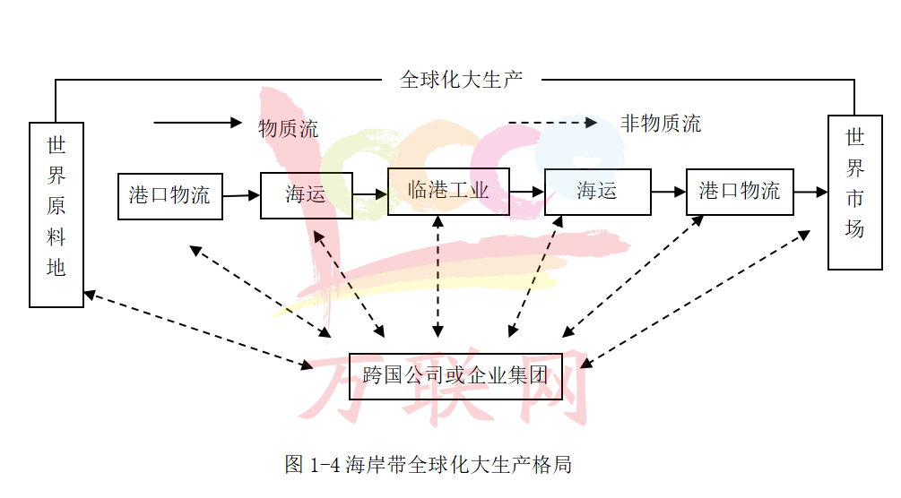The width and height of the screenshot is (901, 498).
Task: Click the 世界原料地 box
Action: point(56,215)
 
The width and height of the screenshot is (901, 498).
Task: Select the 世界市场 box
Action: point(854,192)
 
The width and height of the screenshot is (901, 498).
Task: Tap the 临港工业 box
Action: point(448,191)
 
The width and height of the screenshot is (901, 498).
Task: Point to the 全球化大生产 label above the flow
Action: point(461,80)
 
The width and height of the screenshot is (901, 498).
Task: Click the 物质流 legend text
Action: point(289,129)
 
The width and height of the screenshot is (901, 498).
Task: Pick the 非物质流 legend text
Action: point(661,124)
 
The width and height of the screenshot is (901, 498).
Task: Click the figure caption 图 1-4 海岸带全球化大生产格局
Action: point(429,464)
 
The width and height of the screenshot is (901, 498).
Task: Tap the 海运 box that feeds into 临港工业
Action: point(306,194)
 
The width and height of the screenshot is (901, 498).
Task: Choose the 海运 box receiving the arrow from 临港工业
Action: point(597,191)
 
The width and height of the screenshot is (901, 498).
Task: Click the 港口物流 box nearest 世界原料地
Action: point(169,195)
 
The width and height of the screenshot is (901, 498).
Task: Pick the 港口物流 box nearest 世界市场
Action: point(740,191)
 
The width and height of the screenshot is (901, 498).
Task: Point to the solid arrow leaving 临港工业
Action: point(527,192)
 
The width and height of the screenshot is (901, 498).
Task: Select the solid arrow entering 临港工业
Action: point(369,193)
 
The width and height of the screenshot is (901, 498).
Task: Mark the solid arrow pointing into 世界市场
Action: point(810,192)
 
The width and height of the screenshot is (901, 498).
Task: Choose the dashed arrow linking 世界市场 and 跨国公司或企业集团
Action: point(699,298)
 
